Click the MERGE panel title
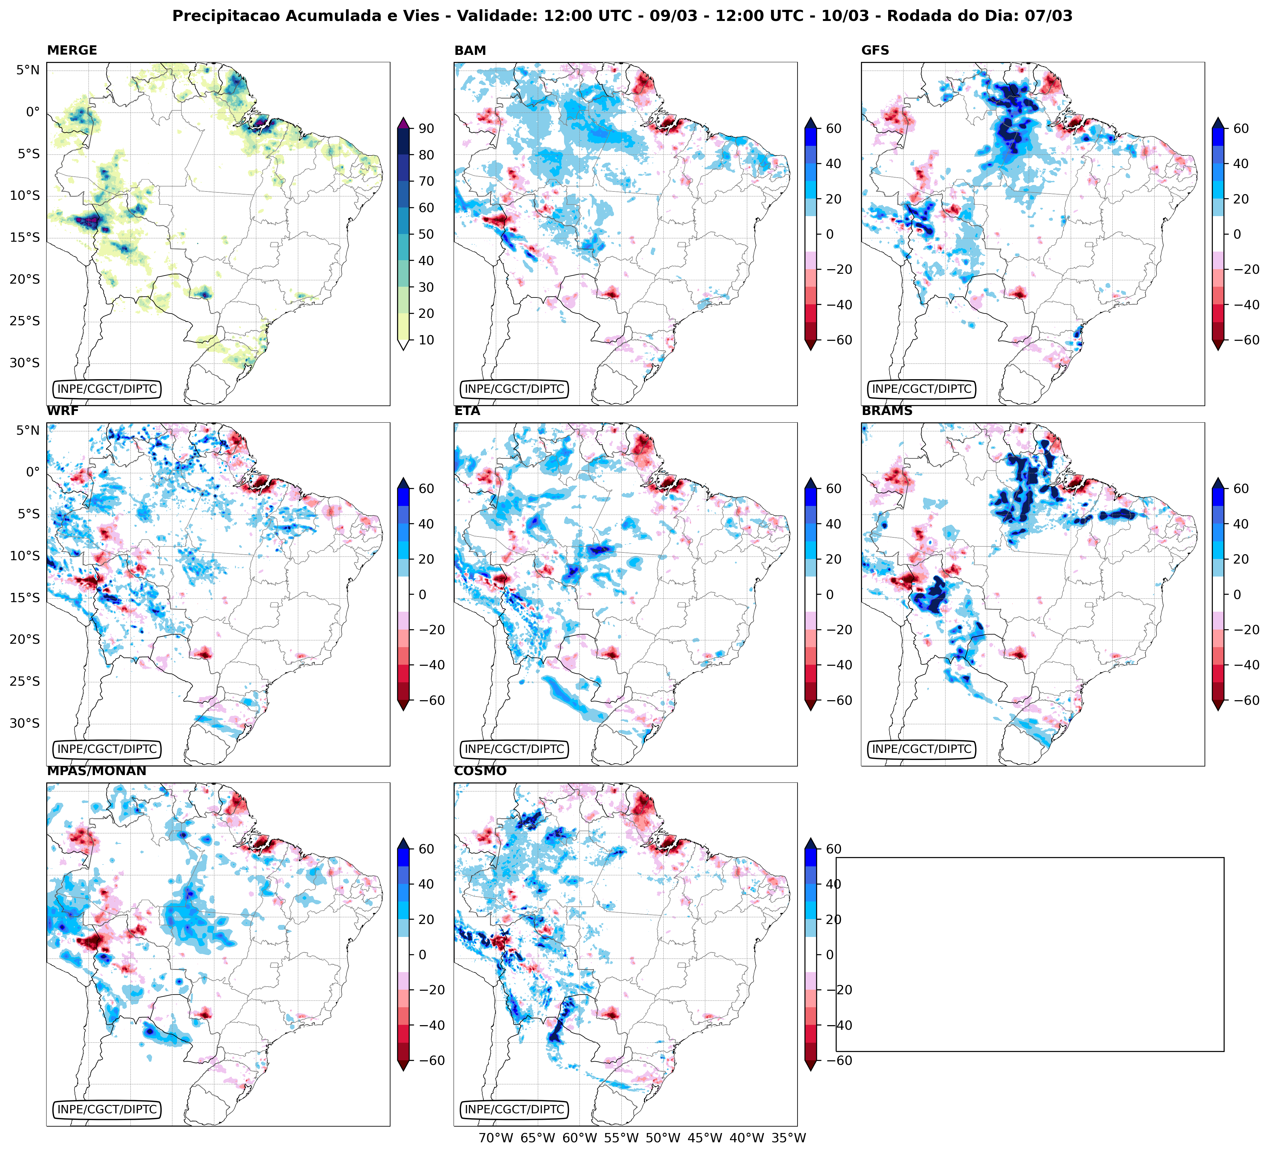pyautogui.click(x=72, y=50)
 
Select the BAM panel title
pyautogui.click(x=470, y=50)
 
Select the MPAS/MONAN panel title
pyautogui.click(x=96, y=771)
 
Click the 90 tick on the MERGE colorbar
pyautogui.click(x=426, y=128)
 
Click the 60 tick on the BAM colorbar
pyautogui.click(x=834, y=128)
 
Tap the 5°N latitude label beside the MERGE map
pyautogui.click(x=28, y=70)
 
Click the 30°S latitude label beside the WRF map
pyautogui.click(x=25, y=723)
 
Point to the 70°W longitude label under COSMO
pyautogui.click(x=496, y=1138)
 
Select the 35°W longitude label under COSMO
pyautogui.click(x=789, y=1138)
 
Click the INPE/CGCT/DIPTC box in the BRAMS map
pyautogui.click(x=921, y=749)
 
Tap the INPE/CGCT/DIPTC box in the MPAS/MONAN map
pyautogui.click(x=107, y=1109)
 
